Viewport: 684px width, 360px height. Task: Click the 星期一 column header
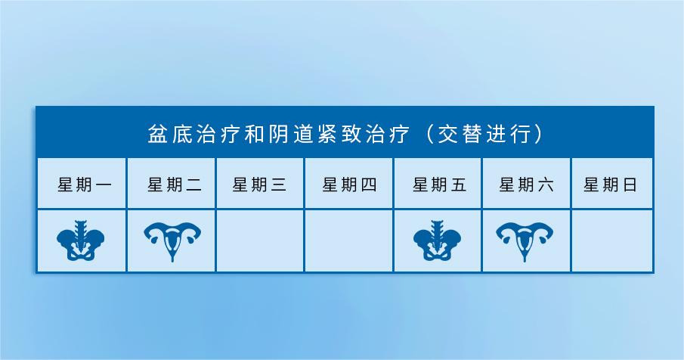85,185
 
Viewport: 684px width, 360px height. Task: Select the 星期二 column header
175,185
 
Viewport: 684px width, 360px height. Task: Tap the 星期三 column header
259,185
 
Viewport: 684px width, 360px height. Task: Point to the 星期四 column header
349,185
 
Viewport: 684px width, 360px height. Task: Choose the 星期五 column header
440,185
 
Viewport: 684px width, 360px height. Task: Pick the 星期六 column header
527,185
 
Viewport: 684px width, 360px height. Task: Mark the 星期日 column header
611,185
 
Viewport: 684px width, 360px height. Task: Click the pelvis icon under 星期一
81,241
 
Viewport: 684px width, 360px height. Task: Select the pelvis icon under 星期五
437,241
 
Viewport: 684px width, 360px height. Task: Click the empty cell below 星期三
260,241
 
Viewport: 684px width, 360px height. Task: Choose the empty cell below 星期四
348,241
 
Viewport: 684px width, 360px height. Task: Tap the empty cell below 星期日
612,241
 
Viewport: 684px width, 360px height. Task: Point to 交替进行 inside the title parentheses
484,134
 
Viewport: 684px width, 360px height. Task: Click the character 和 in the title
254,134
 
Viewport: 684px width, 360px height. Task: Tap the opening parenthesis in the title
429,134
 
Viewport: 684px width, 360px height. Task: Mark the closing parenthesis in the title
538,134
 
